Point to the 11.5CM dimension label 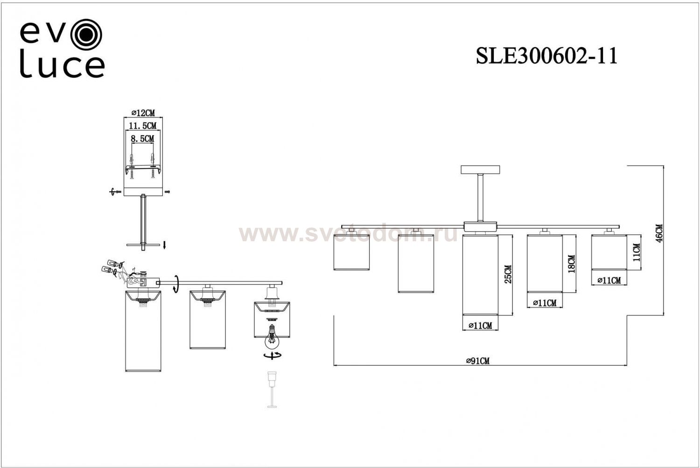[143, 126]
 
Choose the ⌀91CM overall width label [478, 361]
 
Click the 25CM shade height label [508, 274]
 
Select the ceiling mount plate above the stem [480, 169]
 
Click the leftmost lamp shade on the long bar [351, 252]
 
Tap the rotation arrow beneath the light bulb [272, 356]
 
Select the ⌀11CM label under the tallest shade [480, 326]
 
